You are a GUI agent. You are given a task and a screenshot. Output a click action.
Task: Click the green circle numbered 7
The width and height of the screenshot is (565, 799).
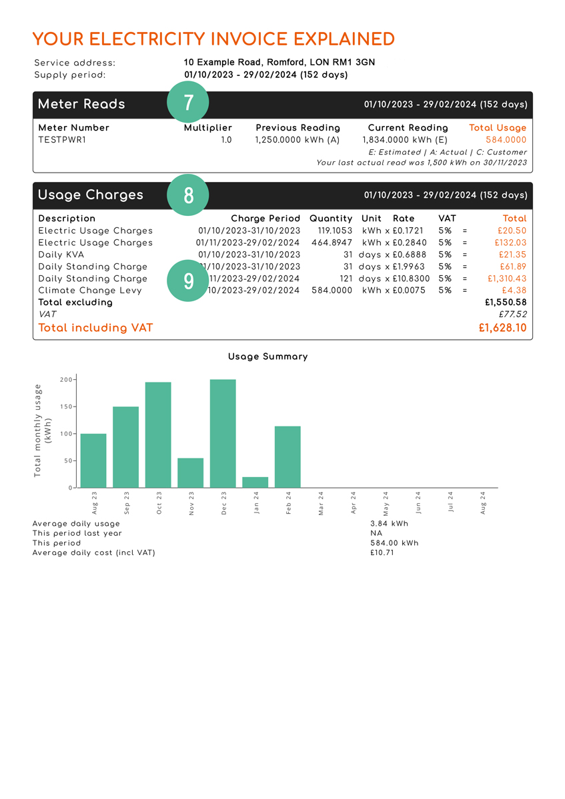click(x=188, y=103)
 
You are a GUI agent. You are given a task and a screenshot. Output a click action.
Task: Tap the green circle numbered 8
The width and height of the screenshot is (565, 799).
click(x=188, y=195)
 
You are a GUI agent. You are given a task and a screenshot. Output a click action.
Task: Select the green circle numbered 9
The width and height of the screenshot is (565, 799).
click(x=188, y=281)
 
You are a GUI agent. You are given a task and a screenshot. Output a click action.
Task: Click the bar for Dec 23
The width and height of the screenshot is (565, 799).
click(x=223, y=434)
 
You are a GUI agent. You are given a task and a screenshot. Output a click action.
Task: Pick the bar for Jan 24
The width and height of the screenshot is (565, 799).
click(x=255, y=482)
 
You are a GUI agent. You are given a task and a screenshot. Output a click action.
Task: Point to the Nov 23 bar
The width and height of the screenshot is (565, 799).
click(x=191, y=473)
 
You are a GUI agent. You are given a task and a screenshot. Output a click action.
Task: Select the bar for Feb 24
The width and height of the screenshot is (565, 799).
click(x=288, y=457)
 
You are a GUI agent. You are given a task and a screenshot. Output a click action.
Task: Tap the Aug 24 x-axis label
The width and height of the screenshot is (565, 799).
click(x=483, y=502)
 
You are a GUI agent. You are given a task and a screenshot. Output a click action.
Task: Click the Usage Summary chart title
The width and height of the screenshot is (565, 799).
click(x=268, y=357)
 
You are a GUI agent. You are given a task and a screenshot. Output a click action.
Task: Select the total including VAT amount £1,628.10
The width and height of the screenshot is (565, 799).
click(x=502, y=328)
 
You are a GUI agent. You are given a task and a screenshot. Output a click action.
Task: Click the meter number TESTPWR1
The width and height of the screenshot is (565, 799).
click(x=62, y=140)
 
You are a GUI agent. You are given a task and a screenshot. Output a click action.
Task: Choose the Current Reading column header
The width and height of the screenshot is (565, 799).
click(x=408, y=128)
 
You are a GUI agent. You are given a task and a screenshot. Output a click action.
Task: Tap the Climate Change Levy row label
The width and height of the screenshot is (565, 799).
click(x=90, y=291)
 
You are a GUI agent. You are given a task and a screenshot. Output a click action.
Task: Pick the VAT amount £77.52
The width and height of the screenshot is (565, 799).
click(x=512, y=315)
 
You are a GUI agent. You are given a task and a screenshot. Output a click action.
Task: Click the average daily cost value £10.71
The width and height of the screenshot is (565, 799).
click(x=382, y=553)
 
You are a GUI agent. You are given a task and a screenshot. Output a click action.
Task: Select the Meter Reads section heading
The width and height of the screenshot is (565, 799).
click(x=81, y=104)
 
